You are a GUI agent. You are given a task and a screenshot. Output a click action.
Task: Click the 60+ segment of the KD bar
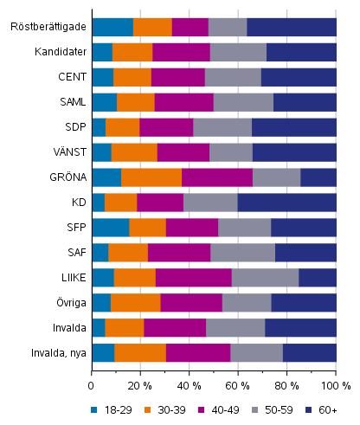click(x=286, y=203)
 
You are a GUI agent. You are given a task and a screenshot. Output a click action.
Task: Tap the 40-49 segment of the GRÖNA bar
click(x=217, y=177)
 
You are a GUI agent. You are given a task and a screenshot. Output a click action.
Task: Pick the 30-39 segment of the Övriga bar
click(x=136, y=303)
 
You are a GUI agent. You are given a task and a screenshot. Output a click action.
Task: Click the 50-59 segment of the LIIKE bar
click(x=265, y=278)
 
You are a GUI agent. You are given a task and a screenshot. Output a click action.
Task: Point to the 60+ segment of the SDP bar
click(x=293, y=127)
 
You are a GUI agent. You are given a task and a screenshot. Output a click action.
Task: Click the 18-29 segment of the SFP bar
click(x=110, y=228)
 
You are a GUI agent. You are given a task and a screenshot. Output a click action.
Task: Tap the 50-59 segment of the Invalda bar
click(x=235, y=328)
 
